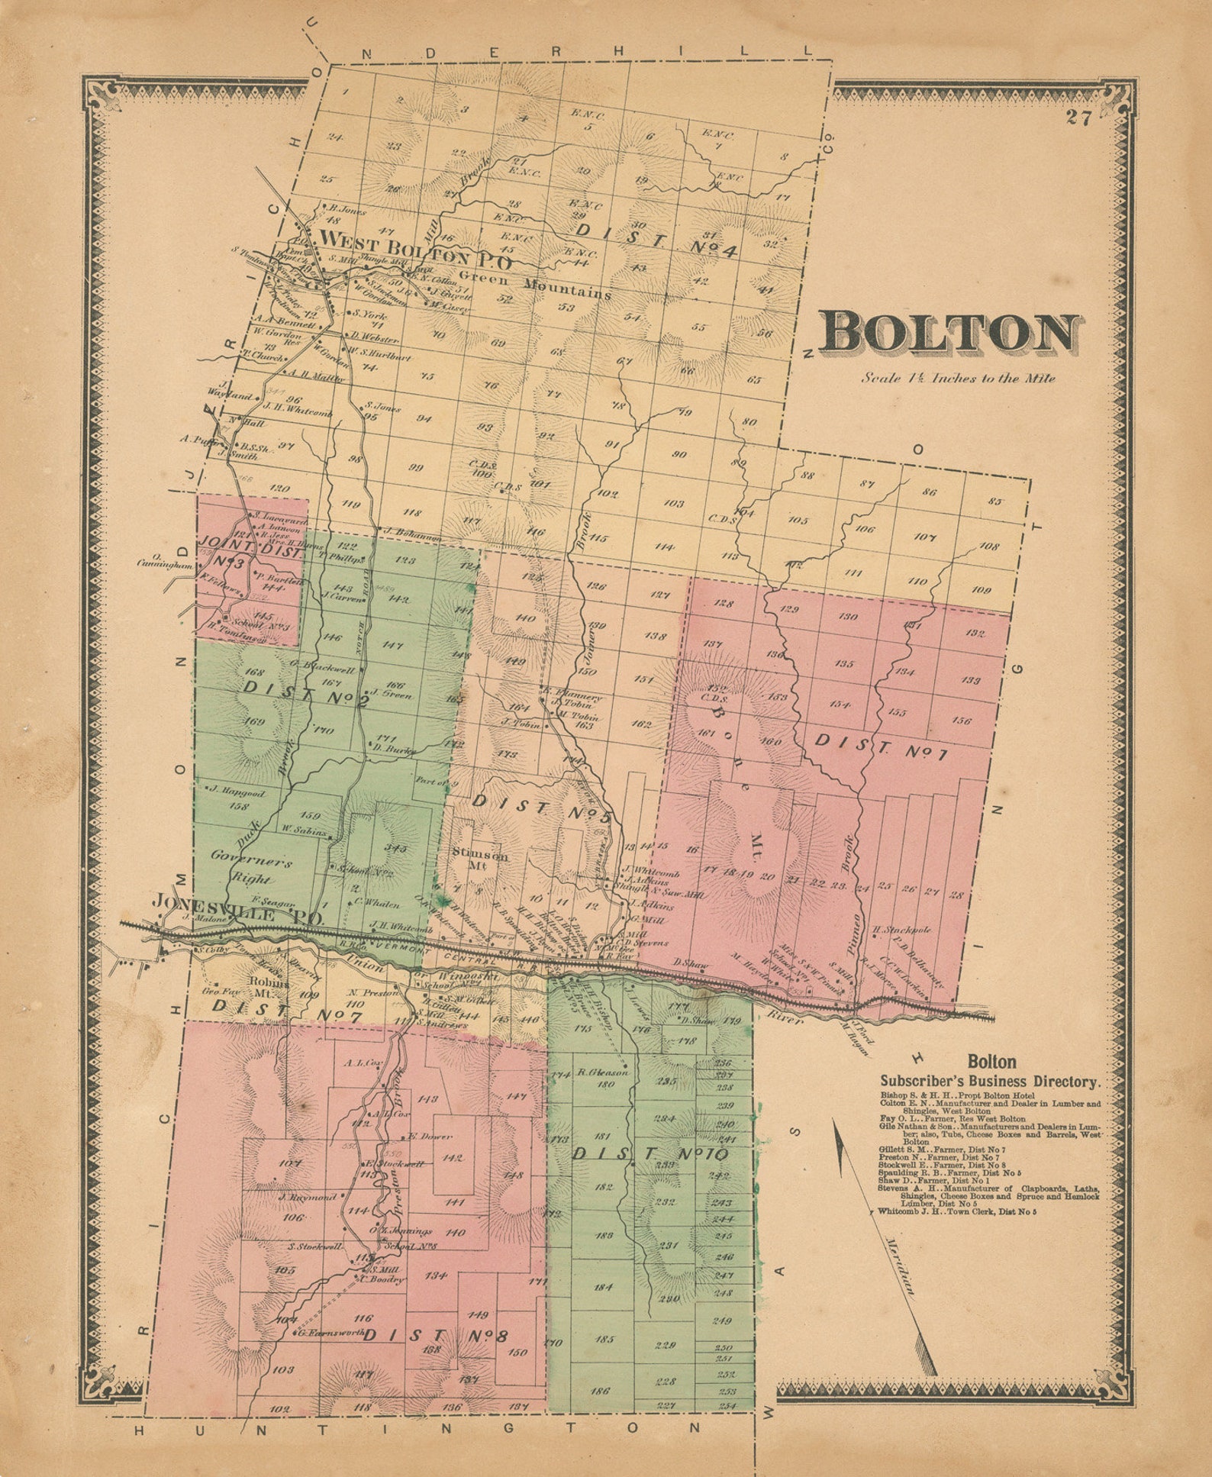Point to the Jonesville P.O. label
tap(237, 901)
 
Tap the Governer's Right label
tap(251, 870)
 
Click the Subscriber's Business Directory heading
tap(991, 1081)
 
